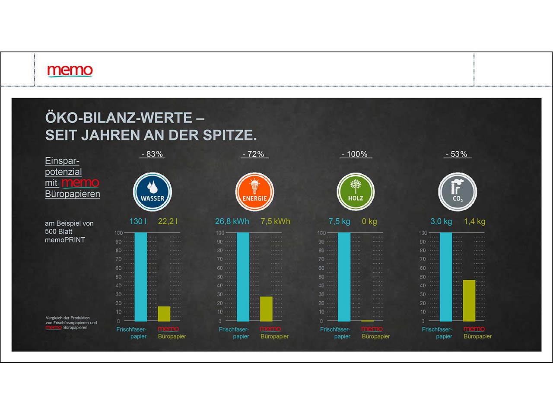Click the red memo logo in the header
(x=70, y=70)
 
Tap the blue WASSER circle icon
(x=152, y=192)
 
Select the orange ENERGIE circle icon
(x=254, y=192)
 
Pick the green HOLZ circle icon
(x=356, y=192)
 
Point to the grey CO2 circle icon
(x=458, y=192)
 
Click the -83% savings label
(x=152, y=154)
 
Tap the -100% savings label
(x=355, y=154)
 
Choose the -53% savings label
(x=457, y=154)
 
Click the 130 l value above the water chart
(x=138, y=221)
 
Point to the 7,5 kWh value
(x=275, y=221)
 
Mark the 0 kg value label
(x=369, y=221)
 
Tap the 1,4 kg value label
(x=474, y=221)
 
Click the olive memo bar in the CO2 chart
(x=469, y=300)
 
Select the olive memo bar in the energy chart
(x=266, y=309)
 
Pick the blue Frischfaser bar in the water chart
(x=141, y=277)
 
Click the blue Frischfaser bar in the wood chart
(x=344, y=277)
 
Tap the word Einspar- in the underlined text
(x=62, y=161)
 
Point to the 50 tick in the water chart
(x=118, y=277)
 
